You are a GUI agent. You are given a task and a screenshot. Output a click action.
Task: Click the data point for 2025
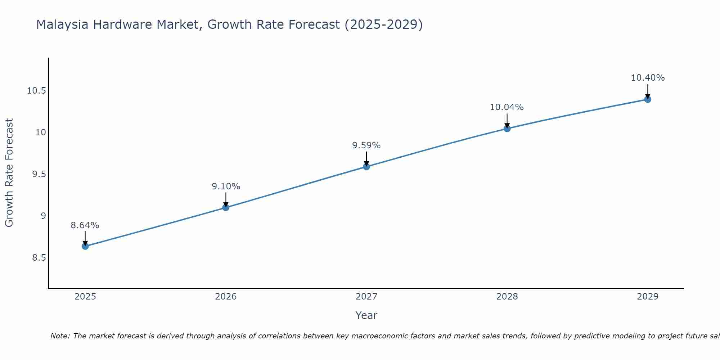(x=85, y=246)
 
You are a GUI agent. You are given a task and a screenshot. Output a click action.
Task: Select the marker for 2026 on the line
(x=226, y=207)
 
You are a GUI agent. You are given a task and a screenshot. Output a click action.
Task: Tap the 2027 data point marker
(x=366, y=166)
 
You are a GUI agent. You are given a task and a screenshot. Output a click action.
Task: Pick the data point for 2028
(x=507, y=129)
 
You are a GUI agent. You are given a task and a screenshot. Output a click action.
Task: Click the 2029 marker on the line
(x=648, y=99)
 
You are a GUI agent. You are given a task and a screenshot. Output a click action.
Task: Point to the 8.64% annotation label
(x=85, y=225)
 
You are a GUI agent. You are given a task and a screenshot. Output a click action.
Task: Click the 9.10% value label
(x=226, y=186)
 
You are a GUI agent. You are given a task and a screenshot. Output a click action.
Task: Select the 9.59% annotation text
(x=366, y=145)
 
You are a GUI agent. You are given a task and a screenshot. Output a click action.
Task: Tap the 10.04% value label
(x=507, y=107)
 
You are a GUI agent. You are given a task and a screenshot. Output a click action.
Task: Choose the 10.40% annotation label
(x=648, y=78)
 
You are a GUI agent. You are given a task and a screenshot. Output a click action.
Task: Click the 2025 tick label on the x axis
(x=85, y=297)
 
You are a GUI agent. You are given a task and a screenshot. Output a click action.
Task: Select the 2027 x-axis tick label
(x=366, y=297)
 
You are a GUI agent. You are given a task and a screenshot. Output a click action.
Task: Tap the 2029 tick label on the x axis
(x=648, y=297)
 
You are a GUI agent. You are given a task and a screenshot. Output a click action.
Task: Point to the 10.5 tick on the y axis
(x=37, y=91)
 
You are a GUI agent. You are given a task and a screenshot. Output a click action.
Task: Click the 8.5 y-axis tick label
(x=39, y=258)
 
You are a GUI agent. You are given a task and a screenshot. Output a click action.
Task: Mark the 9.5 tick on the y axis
(x=39, y=174)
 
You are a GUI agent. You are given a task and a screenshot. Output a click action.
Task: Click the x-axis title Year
(x=366, y=315)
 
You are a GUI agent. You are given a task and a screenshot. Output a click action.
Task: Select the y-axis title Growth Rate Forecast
(x=9, y=173)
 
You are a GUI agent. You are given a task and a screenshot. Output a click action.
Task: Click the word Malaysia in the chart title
(x=63, y=25)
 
